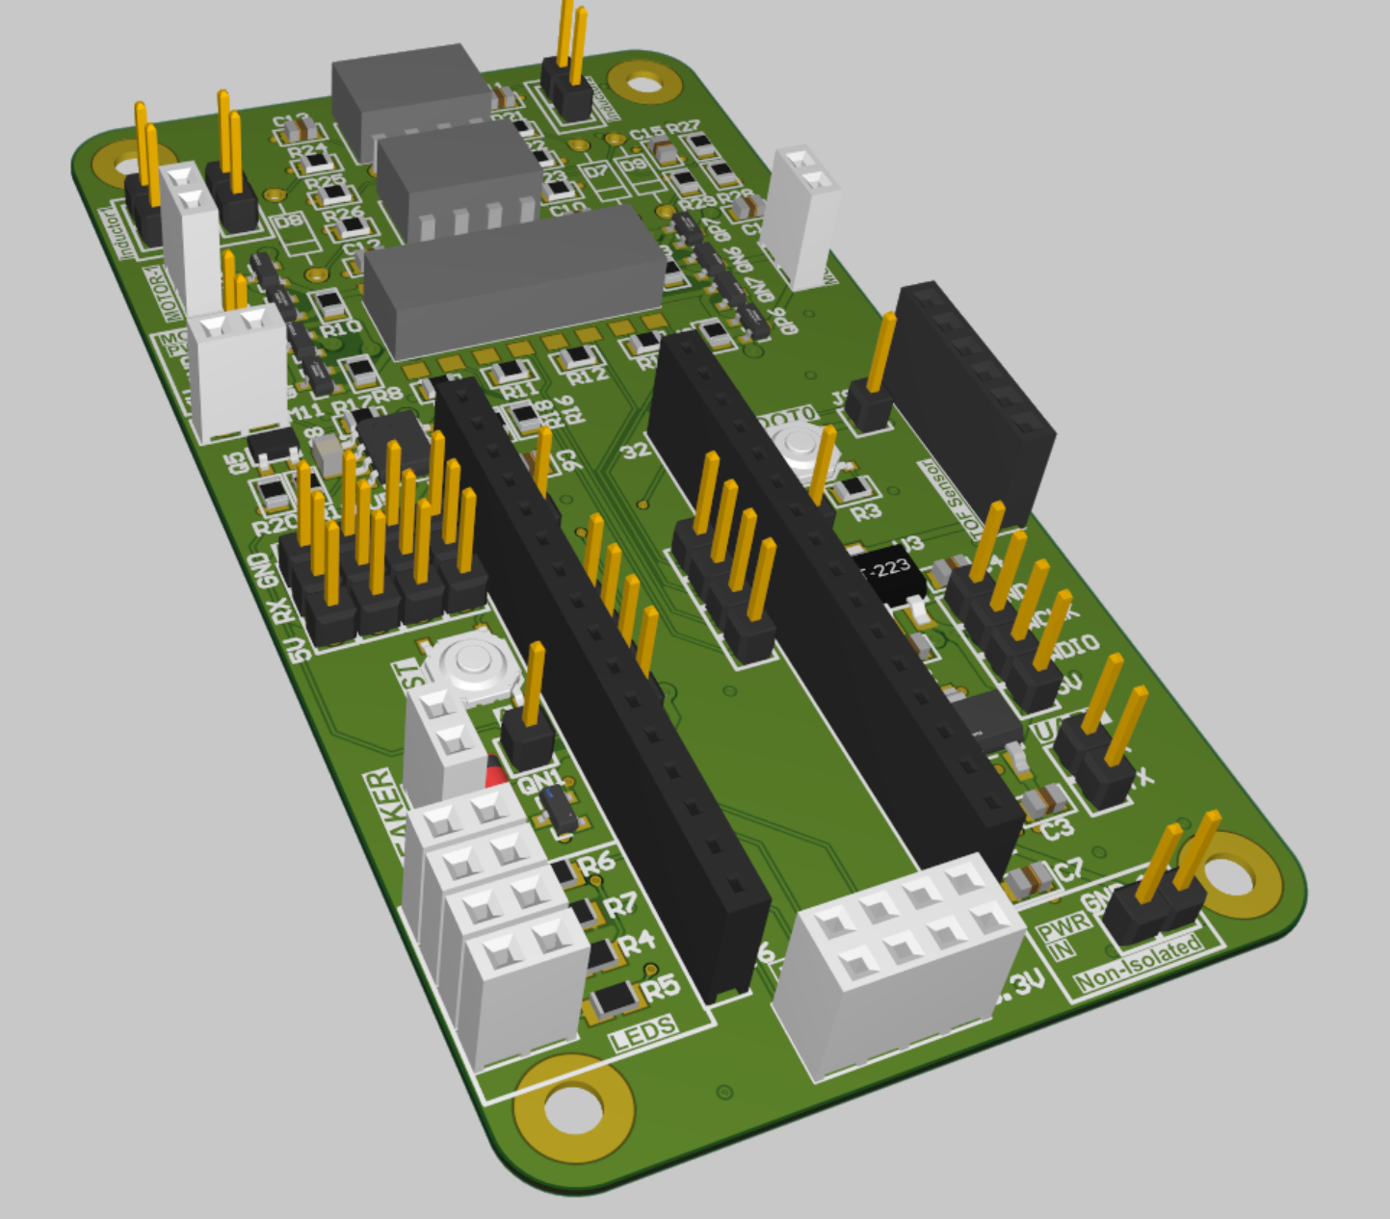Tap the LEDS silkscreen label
click(x=643, y=1032)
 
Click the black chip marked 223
click(x=887, y=570)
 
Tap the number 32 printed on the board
click(x=635, y=451)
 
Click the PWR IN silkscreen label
click(x=1062, y=935)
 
